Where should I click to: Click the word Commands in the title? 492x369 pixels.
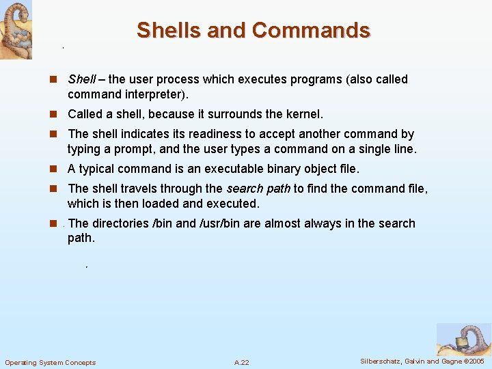coord(311,31)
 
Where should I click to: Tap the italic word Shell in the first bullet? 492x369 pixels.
coord(81,80)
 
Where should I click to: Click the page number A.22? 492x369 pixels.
coord(241,362)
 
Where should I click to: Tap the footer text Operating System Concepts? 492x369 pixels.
coord(51,362)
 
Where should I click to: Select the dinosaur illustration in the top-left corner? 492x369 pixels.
coord(16,29)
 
